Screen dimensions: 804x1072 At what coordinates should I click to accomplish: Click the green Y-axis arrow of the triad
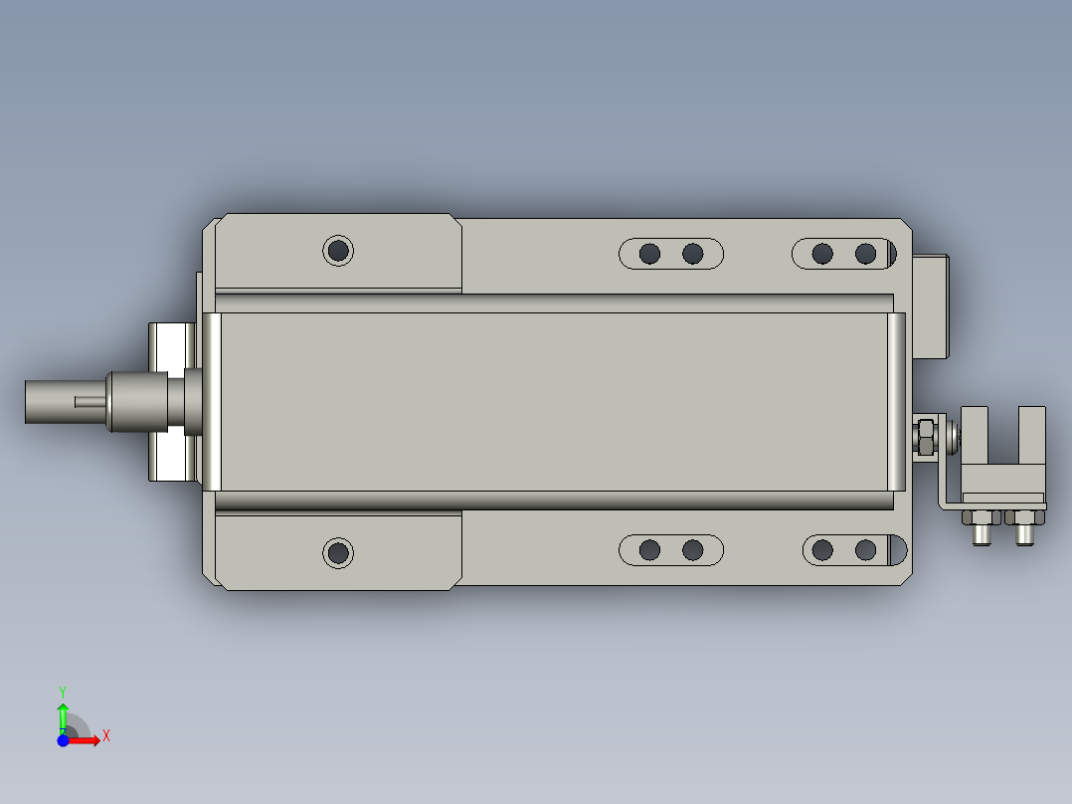click(63, 715)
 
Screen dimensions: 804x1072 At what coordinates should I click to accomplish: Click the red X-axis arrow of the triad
click(88, 740)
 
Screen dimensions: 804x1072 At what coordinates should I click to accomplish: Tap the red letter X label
click(106, 736)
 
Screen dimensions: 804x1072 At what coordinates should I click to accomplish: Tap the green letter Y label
click(63, 691)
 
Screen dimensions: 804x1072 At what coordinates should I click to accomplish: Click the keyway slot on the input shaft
click(89, 401)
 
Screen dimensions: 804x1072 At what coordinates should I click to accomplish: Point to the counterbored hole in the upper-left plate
click(338, 250)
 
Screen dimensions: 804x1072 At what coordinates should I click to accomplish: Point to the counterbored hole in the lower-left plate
click(338, 551)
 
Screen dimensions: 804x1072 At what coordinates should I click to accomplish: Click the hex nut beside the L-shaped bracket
click(924, 436)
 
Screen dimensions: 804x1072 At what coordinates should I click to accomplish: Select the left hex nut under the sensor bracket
click(979, 516)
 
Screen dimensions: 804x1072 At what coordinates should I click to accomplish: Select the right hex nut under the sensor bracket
click(1022, 516)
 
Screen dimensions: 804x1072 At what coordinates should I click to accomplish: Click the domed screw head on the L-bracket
click(953, 435)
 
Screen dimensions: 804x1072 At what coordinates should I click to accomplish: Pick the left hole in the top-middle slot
click(649, 254)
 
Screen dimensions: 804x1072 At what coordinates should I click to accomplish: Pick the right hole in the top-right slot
click(865, 254)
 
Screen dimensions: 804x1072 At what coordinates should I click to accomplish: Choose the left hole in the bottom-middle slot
click(649, 549)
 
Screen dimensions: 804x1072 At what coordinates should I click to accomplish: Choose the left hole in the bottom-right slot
click(822, 549)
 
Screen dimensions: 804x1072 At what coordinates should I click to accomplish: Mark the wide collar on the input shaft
click(139, 401)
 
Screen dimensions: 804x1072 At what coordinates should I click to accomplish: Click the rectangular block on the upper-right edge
click(930, 305)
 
